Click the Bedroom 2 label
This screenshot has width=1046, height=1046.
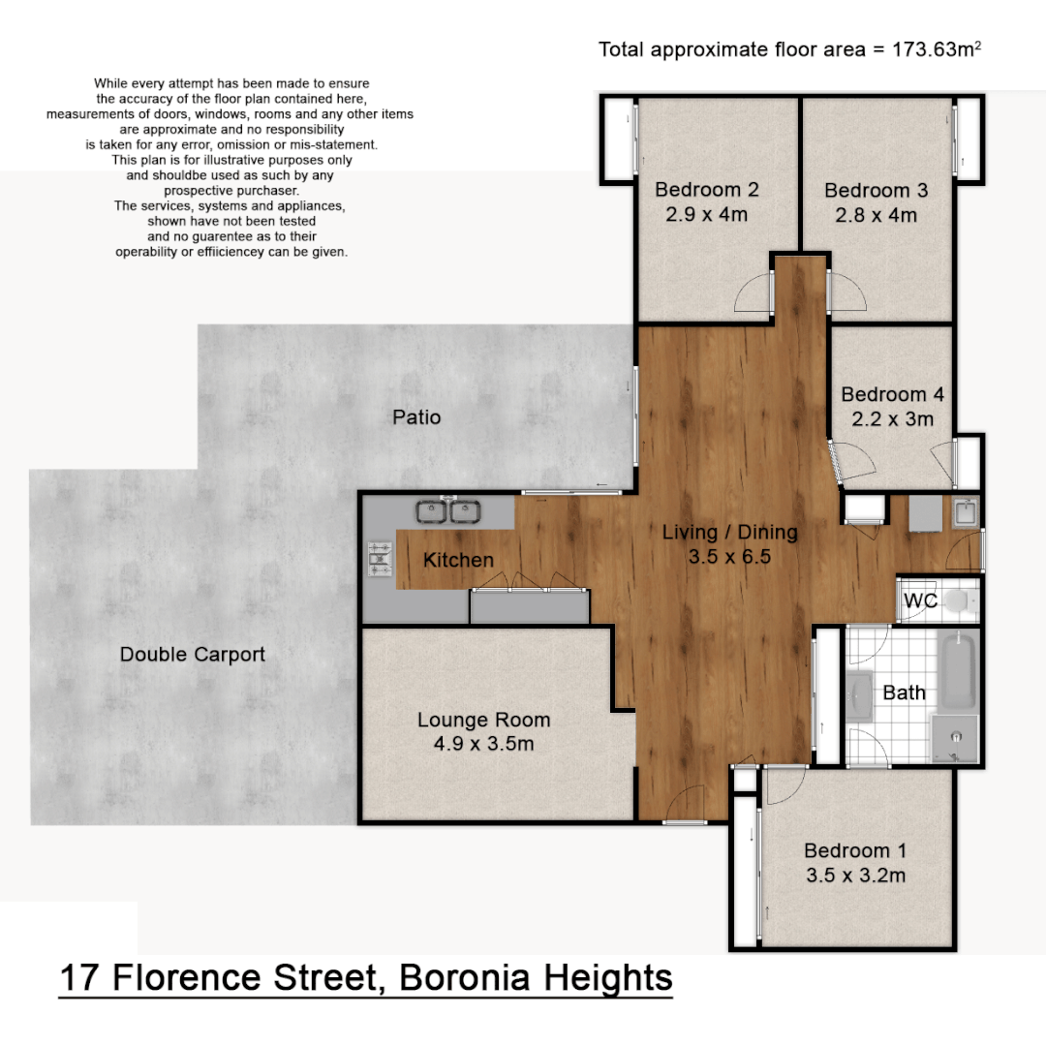706,190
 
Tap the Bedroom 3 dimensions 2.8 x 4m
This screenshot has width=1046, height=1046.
876,215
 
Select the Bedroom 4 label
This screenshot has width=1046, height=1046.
892,394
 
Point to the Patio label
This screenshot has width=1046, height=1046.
416,417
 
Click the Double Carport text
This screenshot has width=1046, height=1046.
192,655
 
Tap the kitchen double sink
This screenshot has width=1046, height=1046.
450,509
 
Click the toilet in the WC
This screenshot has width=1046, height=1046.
959,601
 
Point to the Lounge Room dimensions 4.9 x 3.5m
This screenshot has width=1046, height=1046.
483,744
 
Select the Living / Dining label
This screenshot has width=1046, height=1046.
729,532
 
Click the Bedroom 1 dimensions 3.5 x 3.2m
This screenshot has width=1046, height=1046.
855,876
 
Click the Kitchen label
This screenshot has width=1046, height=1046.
458,560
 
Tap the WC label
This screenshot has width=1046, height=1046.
920,600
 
